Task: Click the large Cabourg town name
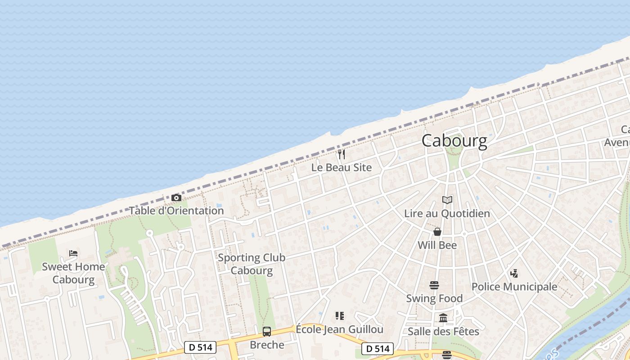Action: [454, 141]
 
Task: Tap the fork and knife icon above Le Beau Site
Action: [342, 154]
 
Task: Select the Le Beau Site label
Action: [342, 167]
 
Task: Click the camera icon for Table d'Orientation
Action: [176, 198]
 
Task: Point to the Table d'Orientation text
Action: [176, 211]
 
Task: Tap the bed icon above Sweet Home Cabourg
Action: [73, 253]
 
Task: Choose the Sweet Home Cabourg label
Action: [73, 273]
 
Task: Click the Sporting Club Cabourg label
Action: [252, 264]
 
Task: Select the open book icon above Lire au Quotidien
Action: [447, 200]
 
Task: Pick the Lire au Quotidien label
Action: [447, 213]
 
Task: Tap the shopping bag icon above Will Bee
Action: [437, 232]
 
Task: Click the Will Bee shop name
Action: [437, 245]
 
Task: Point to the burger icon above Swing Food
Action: [434, 285]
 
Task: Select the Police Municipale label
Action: [514, 287]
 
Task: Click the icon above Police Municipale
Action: [514, 273]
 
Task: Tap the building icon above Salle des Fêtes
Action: [443, 318]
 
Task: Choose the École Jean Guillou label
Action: [339, 329]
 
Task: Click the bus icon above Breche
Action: [267, 332]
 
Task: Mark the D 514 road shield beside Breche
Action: [200, 347]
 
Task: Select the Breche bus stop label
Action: [267, 345]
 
